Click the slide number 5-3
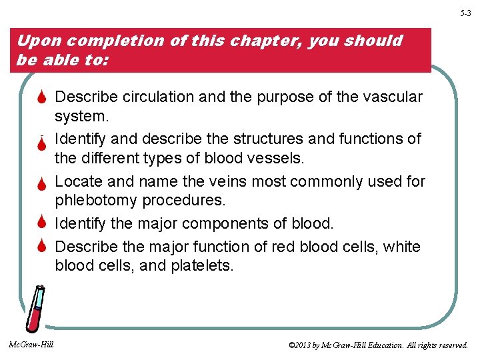[465, 13]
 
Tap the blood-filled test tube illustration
[35, 308]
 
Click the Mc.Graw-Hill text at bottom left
[31, 345]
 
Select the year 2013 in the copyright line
[303, 345]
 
